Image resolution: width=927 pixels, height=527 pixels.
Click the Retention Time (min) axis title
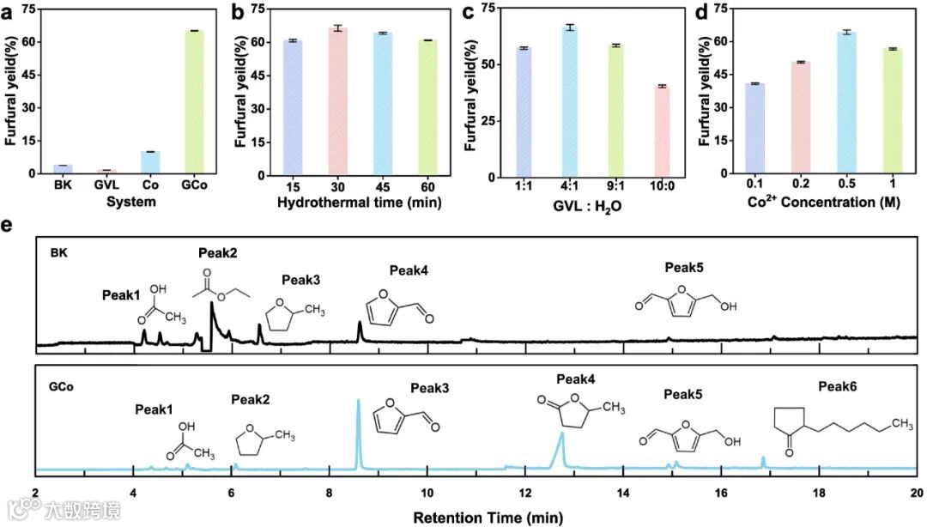click(x=488, y=518)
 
